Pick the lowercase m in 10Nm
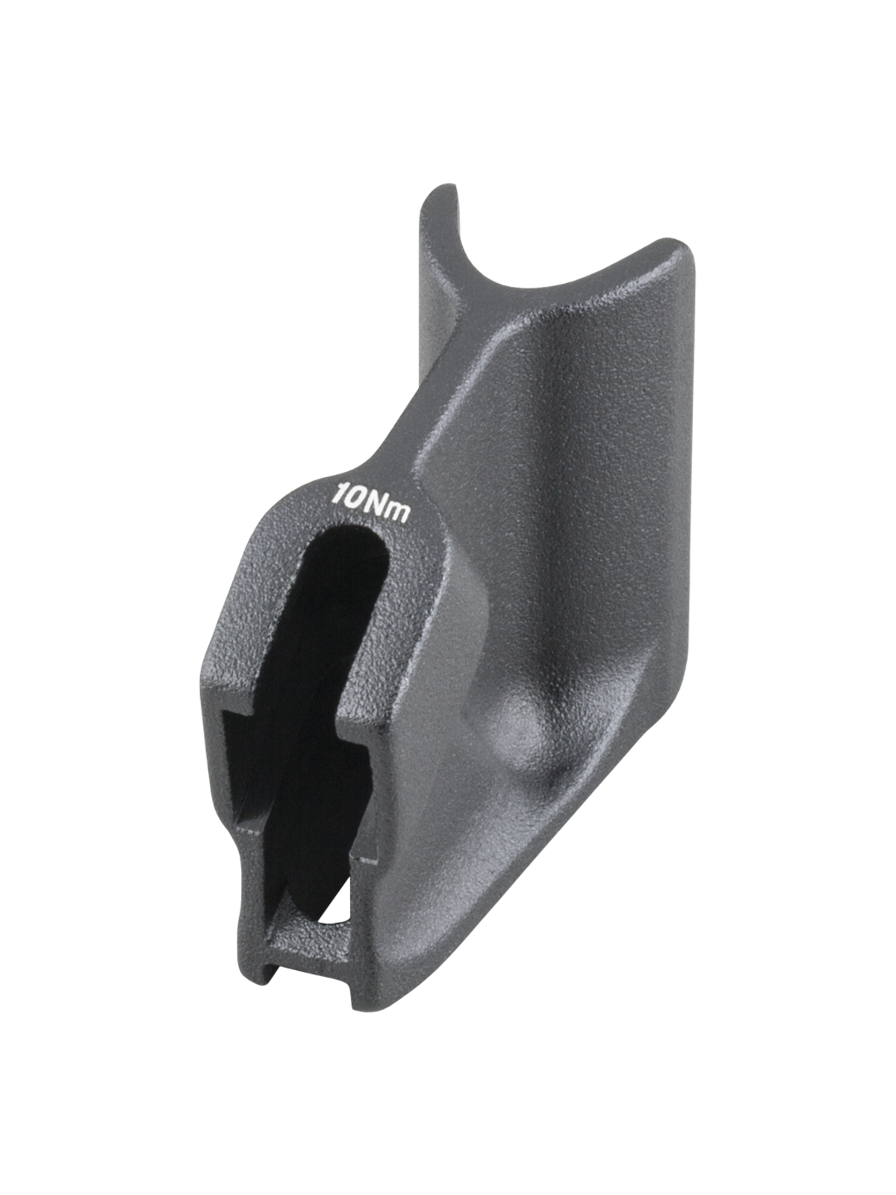[397, 512]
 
